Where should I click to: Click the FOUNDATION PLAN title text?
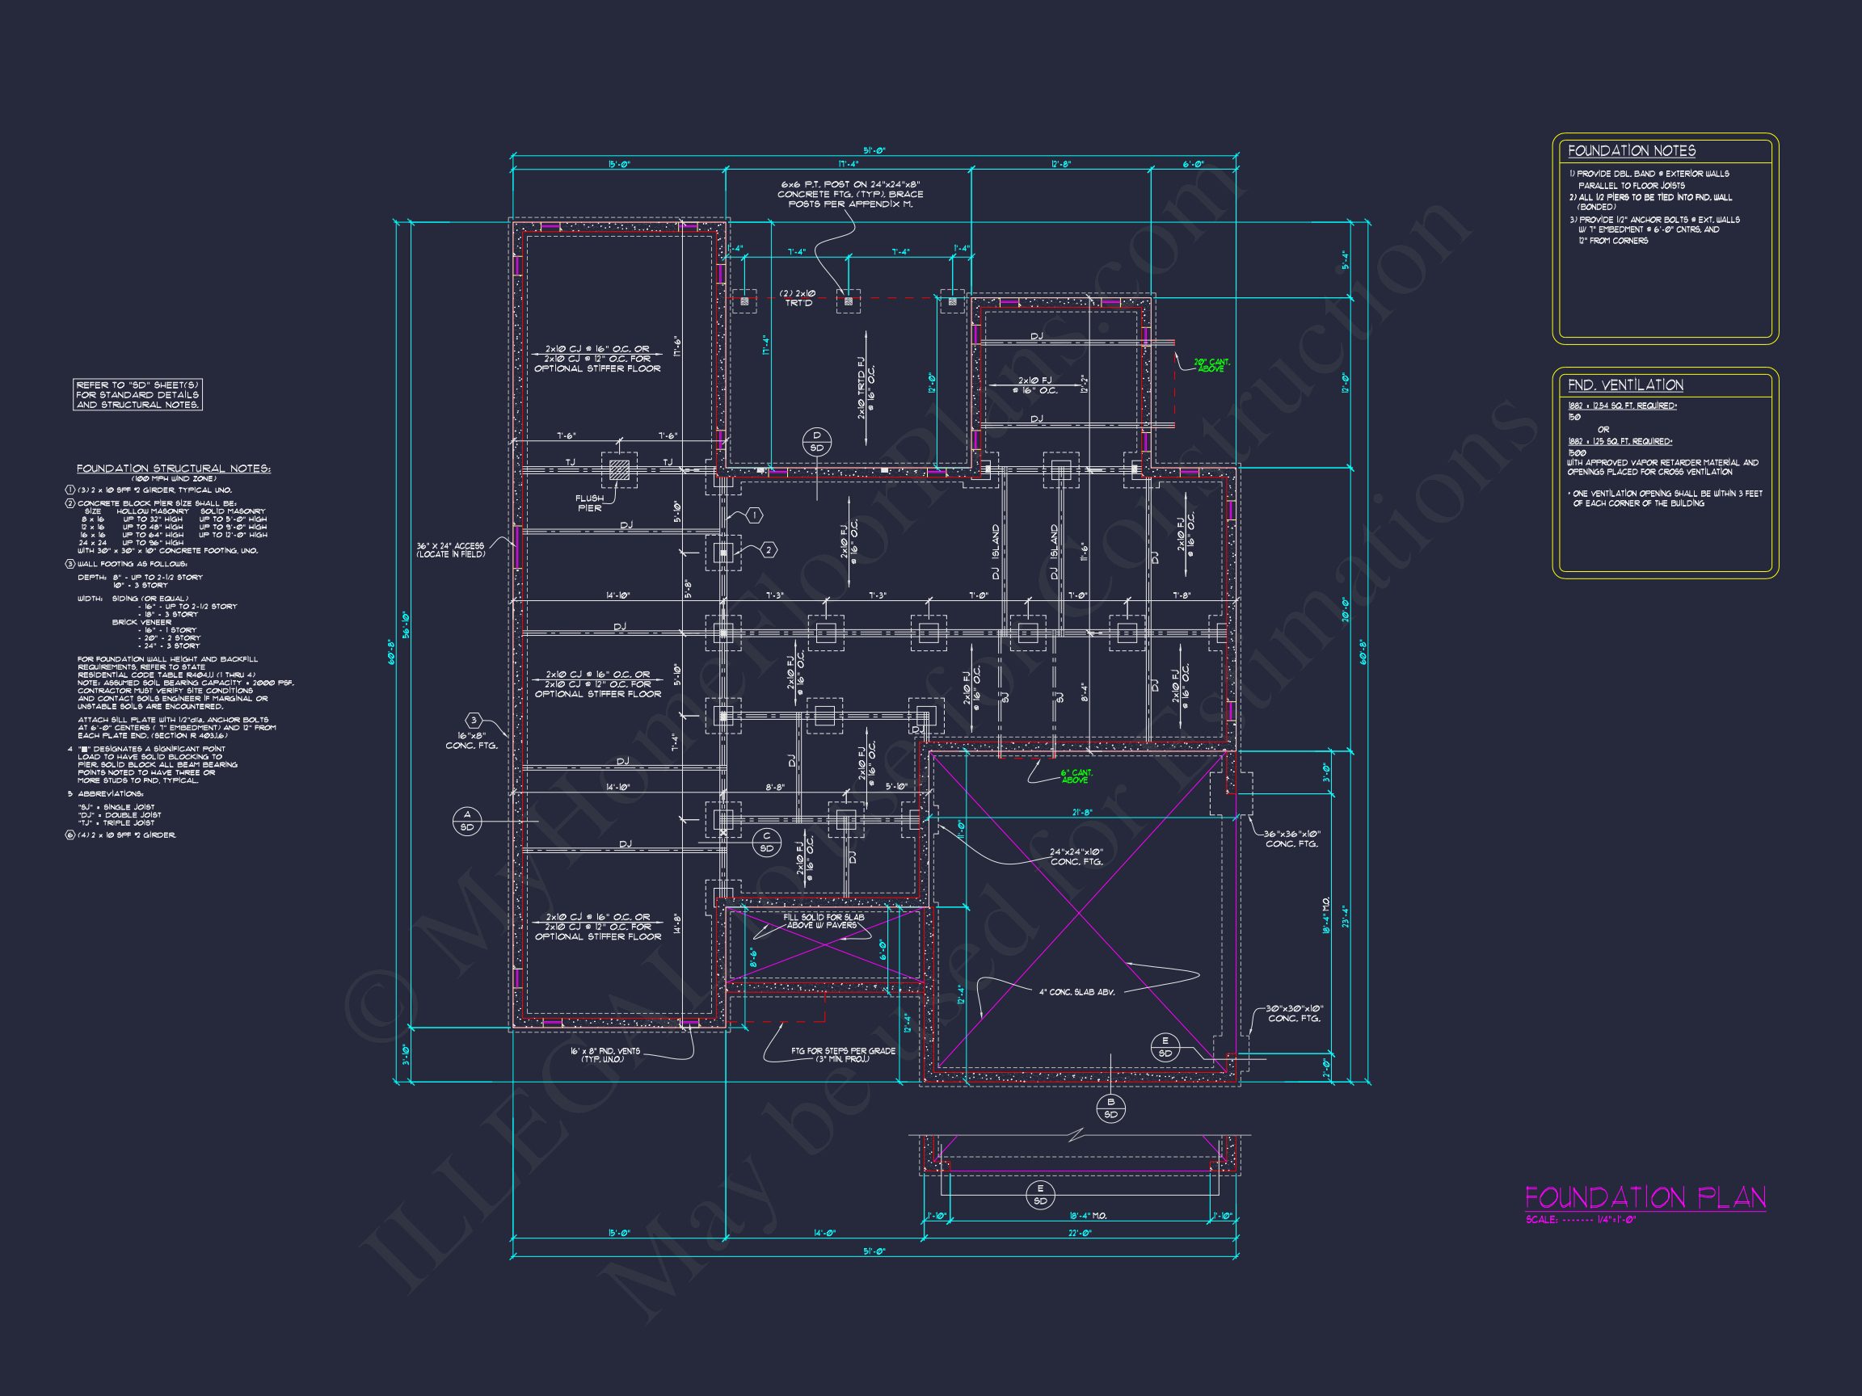pyautogui.click(x=1645, y=1198)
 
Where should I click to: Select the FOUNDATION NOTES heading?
pyautogui.click(x=1631, y=150)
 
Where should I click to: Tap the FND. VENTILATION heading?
pyautogui.click(x=1624, y=385)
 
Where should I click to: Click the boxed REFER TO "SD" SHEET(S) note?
pyautogui.click(x=138, y=395)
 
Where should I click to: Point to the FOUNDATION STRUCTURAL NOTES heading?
pyautogui.click(x=174, y=469)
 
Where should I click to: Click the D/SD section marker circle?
pyautogui.click(x=815, y=441)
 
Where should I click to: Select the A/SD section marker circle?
pyautogui.click(x=467, y=821)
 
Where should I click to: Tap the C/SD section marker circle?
pyautogui.click(x=766, y=843)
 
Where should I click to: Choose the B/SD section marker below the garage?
pyautogui.click(x=1110, y=1108)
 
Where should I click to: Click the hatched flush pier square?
pyautogui.click(x=619, y=469)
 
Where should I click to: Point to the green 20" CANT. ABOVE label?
pyautogui.click(x=1211, y=365)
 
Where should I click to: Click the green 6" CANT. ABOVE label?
pyautogui.click(x=1075, y=776)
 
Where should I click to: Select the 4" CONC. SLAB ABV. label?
pyautogui.click(x=1076, y=992)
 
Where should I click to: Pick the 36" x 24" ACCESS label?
pyautogui.click(x=450, y=550)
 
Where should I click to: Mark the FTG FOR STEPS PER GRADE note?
pyautogui.click(x=830, y=1054)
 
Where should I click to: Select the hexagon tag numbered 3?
pyautogui.click(x=474, y=720)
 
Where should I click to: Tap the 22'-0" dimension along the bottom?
pyautogui.click(x=1080, y=1233)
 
